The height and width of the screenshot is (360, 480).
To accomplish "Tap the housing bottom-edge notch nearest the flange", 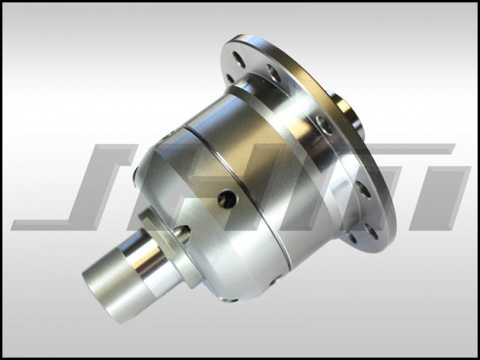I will [275, 279].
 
